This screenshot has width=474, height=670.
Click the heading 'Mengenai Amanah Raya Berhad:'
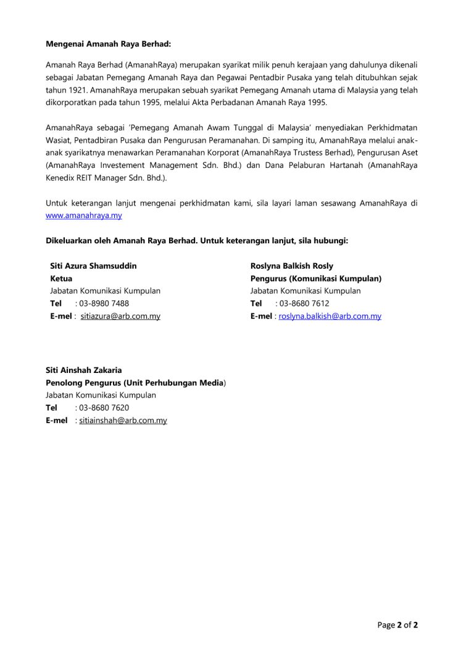[108, 44]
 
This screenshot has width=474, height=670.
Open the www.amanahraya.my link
[83, 216]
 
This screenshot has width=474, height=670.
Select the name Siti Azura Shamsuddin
[93, 266]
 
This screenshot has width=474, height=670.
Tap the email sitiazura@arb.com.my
[120, 316]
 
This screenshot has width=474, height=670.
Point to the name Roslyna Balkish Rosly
[291, 266]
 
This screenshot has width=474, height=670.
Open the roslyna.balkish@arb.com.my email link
[330, 316]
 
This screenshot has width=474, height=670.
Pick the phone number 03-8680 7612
[304, 303]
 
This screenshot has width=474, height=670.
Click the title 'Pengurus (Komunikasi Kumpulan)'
[316, 278]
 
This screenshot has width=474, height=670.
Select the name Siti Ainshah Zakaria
[83, 371]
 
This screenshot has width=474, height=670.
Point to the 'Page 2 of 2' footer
[397, 625]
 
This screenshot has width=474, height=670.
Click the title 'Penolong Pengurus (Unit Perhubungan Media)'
[136, 383]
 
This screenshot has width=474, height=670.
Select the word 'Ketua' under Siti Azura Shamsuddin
[61, 278]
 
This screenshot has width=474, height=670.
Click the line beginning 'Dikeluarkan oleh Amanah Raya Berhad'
[197, 240]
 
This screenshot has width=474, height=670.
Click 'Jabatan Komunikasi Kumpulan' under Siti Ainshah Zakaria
[101, 395]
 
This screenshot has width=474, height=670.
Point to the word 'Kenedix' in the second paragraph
[61, 178]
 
